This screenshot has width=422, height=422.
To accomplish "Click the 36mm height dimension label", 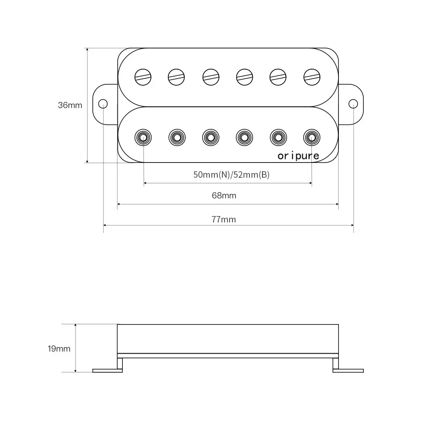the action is click(x=70, y=105).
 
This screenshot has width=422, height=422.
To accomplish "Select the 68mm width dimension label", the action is click(x=224, y=195).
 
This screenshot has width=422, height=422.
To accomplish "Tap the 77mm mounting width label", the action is click(x=224, y=219).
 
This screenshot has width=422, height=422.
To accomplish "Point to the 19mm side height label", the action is click(x=59, y=349).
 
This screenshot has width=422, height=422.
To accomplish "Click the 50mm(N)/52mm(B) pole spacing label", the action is click(x=231, y=175).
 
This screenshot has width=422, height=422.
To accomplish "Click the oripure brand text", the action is click(x=298, y=156).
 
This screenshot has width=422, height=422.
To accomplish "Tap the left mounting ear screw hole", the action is click(x=103, y=104).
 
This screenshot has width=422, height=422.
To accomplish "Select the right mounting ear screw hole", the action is click(x=353, y=104).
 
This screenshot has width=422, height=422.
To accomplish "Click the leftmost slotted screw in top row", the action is click(x=143, y=76).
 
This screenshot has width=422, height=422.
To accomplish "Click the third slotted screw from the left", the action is click(x=211, y=76).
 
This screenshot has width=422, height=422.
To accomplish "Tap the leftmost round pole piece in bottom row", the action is click(x=143, y=137).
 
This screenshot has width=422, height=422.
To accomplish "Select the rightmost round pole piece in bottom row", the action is click(x=311, y=137).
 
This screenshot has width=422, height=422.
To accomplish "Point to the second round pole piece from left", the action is click(x=177, y=137).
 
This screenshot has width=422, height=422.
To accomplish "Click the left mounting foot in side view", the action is click(x=107, y=371).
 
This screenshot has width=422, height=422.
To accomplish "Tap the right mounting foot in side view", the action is click(x=348, y=371).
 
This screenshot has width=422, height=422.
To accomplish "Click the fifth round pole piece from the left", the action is click(x=278, y=137).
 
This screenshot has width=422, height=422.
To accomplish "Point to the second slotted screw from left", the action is click(x=176, y=76).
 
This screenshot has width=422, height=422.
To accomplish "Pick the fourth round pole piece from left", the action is click(x=244, y=137).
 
